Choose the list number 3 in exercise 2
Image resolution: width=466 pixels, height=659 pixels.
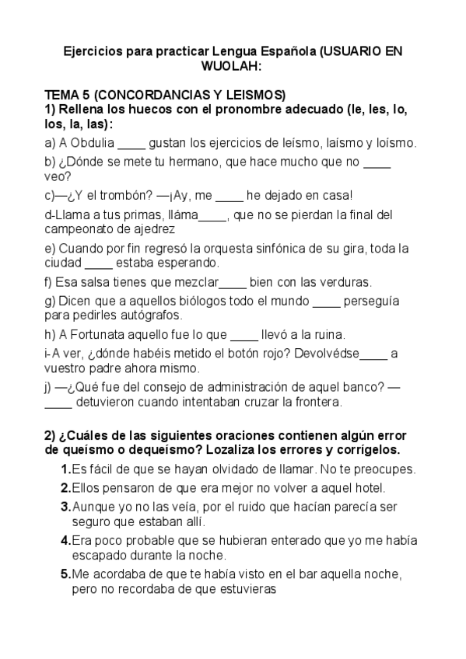click(65, 505)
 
